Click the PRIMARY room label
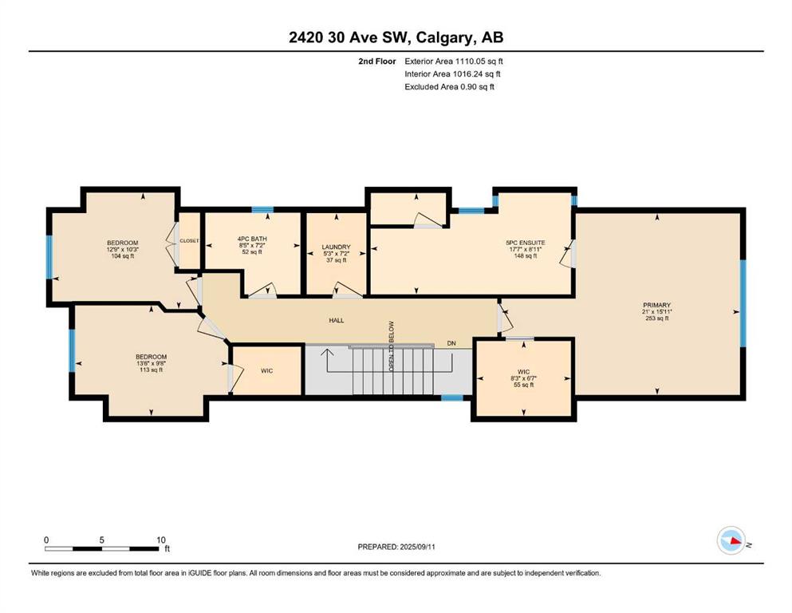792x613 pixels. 656,305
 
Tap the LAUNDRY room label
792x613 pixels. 336,247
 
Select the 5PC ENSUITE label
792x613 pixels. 526,243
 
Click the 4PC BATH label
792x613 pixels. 252,239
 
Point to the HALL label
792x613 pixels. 337,320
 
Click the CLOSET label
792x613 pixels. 189,241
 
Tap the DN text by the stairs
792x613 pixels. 451,343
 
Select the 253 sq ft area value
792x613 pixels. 656,318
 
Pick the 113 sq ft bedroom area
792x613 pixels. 151,370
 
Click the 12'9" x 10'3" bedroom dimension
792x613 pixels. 122,249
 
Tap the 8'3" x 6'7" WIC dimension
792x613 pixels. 523,378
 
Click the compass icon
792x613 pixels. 731,540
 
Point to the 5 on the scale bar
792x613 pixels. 101,540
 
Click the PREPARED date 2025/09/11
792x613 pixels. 417,547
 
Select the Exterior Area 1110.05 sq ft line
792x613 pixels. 454,61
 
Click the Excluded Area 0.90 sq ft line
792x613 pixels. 449,86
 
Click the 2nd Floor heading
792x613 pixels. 376,61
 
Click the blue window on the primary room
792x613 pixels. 743,303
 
